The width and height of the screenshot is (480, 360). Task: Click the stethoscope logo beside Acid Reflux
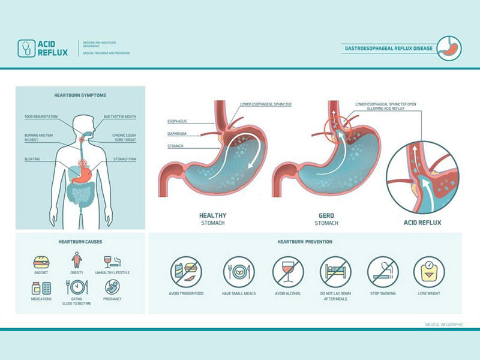point(26,48)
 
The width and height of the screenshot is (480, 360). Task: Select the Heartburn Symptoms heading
point(80,95)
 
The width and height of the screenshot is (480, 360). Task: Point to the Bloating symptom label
point(32,159)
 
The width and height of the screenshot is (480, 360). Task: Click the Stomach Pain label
point(125,159)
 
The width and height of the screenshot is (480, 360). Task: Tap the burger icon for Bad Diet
point(41,262)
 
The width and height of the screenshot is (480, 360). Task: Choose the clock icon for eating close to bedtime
point(78,287)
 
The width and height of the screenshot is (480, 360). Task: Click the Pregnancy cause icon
point(112,287)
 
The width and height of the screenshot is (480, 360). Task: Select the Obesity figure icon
point(77,261)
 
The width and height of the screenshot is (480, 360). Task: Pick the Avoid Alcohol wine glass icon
point(288,272)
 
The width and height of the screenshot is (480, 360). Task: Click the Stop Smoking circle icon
point(382,272)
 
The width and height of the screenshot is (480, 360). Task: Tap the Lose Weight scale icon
point(429,272)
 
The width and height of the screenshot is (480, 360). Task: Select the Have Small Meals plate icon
point(239,272)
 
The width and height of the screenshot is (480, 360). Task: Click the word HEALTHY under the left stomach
point(212,215)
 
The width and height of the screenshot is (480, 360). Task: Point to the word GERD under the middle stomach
point(326,215)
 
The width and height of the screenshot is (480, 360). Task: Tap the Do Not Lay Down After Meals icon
point(335,272)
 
